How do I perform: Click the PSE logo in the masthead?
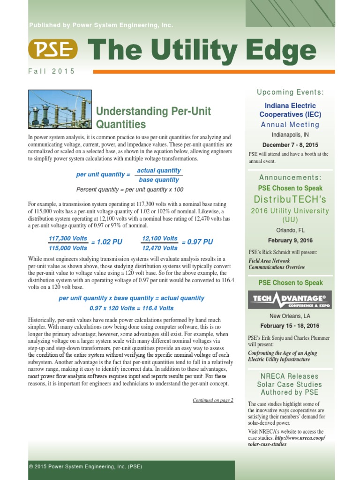53,49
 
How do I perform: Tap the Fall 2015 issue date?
52,71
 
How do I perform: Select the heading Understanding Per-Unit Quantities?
153,118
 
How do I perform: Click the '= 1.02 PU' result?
106,242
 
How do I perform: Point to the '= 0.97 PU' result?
197,242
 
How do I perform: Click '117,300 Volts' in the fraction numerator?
68,238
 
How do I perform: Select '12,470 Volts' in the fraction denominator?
160,248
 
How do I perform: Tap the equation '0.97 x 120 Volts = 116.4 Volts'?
131,308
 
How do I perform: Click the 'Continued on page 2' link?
213,400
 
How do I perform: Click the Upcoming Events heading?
290,92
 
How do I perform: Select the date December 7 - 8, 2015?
290,145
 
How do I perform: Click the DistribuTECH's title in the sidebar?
290,199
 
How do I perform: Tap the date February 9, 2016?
290,240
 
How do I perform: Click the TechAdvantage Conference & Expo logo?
290,300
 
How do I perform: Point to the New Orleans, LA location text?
290,316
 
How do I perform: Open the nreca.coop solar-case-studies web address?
286,441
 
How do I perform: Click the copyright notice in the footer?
85,467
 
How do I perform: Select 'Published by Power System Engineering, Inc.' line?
101,25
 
